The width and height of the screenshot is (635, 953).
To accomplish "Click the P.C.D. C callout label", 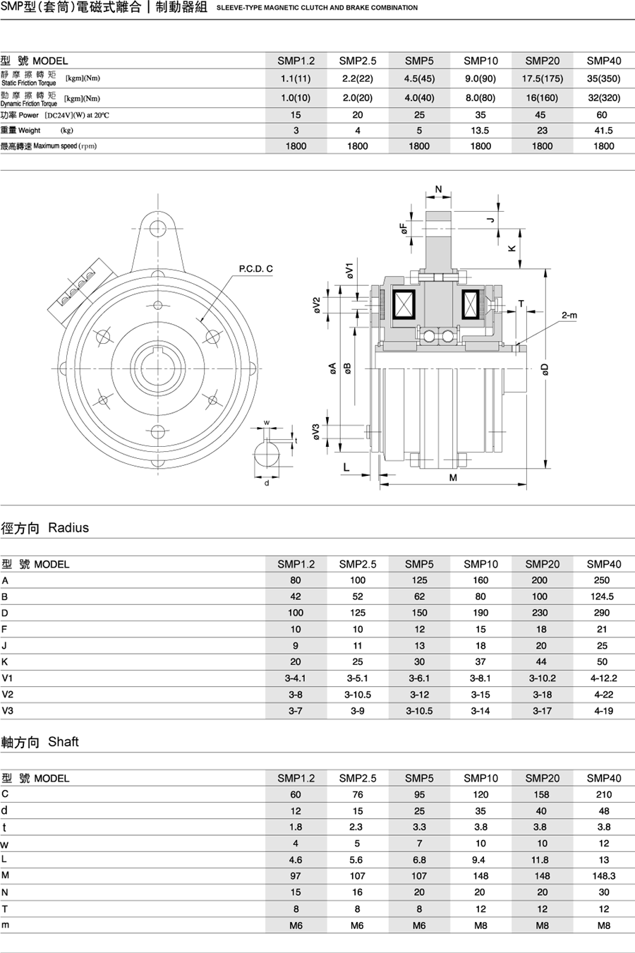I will [255, 269].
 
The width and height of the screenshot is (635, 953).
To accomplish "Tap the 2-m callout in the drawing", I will [569, 316].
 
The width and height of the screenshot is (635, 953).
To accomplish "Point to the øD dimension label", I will [545, 369].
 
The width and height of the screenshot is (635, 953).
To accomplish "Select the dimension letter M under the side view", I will [453, 478].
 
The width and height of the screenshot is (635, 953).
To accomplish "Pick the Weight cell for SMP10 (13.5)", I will [480, 131].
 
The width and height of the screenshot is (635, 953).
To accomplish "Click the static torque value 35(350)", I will [604, 79].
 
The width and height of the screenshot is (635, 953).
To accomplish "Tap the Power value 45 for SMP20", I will [542, 115].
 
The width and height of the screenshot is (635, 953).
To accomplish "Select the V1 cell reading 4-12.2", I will [604, 678].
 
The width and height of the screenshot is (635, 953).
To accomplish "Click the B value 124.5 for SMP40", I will [604, 597].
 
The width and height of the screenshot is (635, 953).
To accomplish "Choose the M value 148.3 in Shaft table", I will [604, 876].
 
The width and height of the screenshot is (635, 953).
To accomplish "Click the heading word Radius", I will [68, 528].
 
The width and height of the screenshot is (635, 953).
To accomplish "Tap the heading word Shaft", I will [64, 742].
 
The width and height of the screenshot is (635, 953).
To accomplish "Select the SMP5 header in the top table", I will [419, 61].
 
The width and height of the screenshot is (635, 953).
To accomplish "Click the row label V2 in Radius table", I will [8, 695].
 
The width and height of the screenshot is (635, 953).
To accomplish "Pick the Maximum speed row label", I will [49, 146].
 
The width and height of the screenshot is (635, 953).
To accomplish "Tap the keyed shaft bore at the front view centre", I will [157, 368].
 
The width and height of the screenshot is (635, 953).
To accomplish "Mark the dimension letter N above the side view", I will [438, 189].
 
